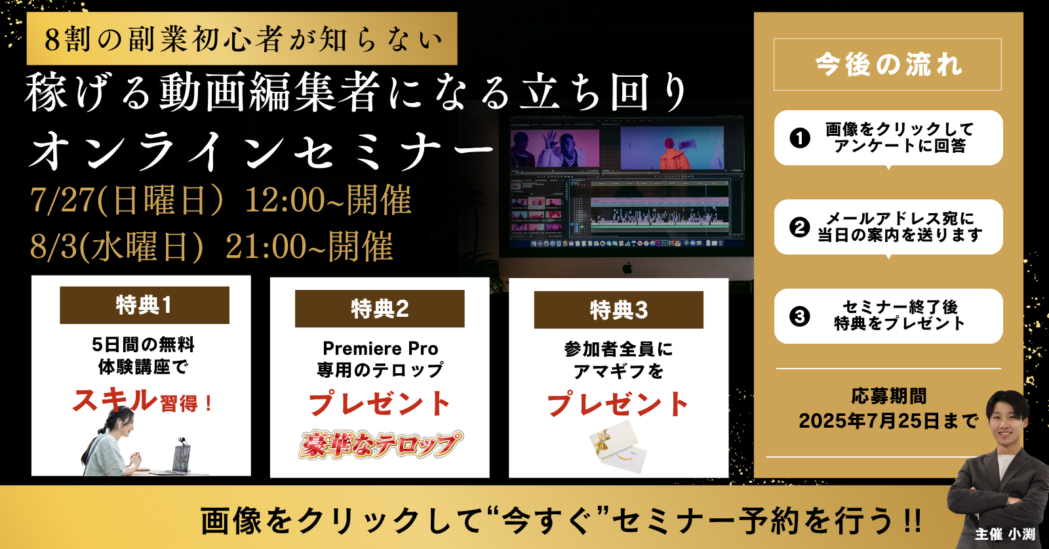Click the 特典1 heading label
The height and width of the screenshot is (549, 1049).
pos(144,306)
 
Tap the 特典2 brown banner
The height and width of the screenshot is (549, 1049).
pos(380,309)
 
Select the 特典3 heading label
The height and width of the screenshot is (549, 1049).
pos(619,310)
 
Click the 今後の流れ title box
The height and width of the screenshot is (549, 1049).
pos(888,64)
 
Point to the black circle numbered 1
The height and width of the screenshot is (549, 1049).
pos(800,138)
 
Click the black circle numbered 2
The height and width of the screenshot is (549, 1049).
pos(800,227)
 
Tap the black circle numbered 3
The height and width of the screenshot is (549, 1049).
pos(800,316)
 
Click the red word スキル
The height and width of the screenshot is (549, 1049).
pos(114,401)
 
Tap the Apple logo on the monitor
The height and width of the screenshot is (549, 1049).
pos(627,268)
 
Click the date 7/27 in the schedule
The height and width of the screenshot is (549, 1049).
pos(62,200)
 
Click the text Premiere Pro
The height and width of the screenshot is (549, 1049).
pos(380,348)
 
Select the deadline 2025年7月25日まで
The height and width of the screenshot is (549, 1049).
pos(888,420)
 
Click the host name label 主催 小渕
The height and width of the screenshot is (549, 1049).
pos(1005,534)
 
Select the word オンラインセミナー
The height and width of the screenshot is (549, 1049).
pos(262,152)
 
